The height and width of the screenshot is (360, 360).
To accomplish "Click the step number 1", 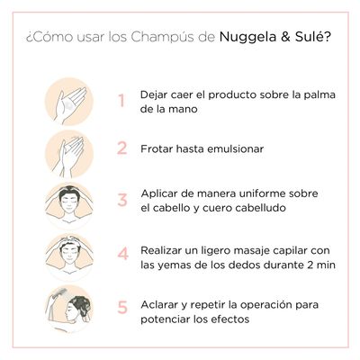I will click(121, 100).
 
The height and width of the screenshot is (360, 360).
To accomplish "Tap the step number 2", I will click(121, 148).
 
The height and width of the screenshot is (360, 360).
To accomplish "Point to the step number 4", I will click(121, 253).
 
